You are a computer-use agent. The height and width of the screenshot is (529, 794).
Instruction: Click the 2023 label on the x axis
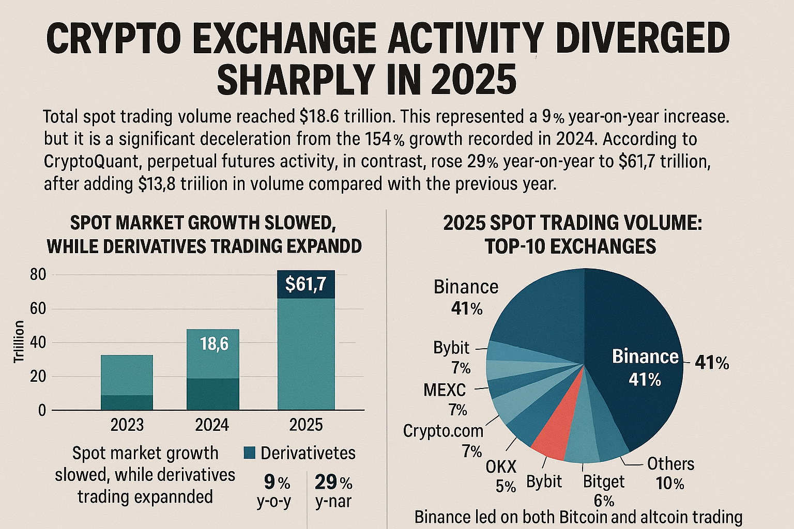coord(127,425)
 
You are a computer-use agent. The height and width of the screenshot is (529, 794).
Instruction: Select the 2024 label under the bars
coord(212,425)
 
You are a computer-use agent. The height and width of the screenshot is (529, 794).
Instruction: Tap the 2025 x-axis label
coord(306,425)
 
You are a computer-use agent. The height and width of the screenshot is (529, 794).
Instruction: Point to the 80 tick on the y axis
coord(38,275)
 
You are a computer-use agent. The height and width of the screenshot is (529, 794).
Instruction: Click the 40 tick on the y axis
coord(38,343)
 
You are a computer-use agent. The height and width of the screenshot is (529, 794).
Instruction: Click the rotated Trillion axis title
coord(19,341)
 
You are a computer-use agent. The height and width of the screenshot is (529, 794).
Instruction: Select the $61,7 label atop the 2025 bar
coord(306,284)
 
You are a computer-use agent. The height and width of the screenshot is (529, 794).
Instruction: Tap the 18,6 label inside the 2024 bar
coord(214,343)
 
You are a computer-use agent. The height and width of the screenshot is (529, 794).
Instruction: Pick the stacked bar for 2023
coord(127,382)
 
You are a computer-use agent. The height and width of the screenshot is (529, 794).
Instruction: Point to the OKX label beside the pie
coord(501,467)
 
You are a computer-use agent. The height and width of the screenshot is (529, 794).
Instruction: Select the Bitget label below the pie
coord(603,481)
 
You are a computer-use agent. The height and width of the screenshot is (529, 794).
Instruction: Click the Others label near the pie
coord(670,464)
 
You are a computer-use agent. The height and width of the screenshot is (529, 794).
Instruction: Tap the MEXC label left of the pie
coord(445,390)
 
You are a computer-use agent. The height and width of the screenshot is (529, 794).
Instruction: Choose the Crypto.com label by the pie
coord(443,430)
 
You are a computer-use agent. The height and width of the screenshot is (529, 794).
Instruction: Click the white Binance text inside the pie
coord(645,356)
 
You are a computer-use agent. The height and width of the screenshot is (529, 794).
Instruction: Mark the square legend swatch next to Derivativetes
coord(250,453)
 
